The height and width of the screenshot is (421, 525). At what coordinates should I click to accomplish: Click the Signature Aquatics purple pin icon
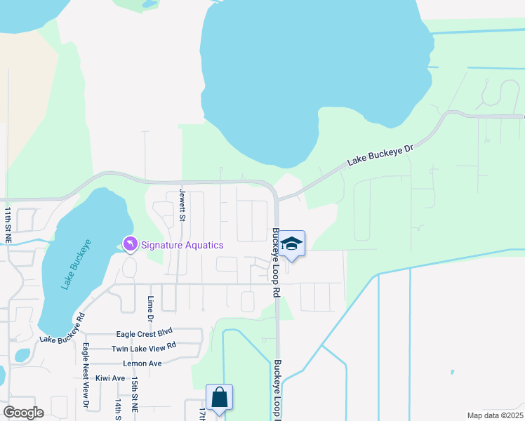pyautogui.click(x=131, y=243)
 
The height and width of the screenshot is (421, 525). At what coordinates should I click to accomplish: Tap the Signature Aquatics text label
pyautogui.click(x=182, y=245)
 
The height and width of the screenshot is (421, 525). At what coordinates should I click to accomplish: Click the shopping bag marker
pyautogui.click(x=219, y=397)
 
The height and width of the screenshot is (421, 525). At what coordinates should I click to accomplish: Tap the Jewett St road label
pyautogui.click(x=181, y=205)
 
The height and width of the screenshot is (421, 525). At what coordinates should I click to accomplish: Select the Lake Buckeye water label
pyautogui.click(x=76, y=264)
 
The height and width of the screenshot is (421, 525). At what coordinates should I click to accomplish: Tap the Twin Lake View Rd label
pyautogui.click(x=143, y=348)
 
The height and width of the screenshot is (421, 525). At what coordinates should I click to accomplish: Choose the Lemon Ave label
pyautogui.click(x=142, y=363)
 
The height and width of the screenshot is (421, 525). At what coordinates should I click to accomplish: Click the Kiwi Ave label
pyautogui.click(x=109, y=377)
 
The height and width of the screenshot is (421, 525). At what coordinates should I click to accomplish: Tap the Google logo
pyautogui.click(x=23, y=412)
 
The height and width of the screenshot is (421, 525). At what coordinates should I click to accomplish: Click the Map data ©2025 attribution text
pyautogui.click(x=494, y=415)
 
